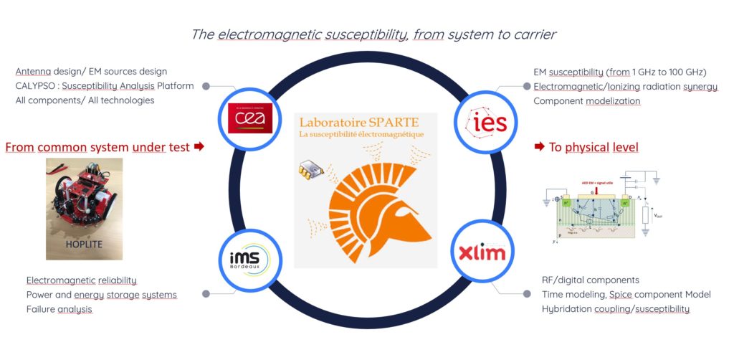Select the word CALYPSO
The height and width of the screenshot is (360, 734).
click(x=37, y=86)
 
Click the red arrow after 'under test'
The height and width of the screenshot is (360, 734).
click(x=199, y=147)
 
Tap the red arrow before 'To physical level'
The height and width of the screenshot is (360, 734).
click(x=538, y=147)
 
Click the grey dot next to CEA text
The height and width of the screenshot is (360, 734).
click(x=206, y=86)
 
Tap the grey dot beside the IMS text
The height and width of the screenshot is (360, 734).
click(x=206, y=294)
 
